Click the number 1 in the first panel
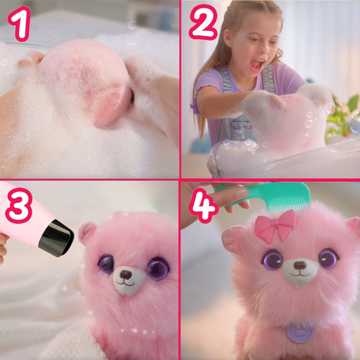pyautogui.click(x=20, y=23)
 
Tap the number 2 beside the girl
pyautogui.click(x=204, y=22)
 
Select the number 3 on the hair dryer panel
pyautogui.click(x=19, y=205)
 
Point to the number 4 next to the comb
pyautogui.click(x=203, y=205)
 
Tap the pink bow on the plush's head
pyautogui.click(x=275, y=225)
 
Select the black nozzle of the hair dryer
pyautogui.click(x=57, y=238)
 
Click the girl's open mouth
pyautogui.click(x=257, y=65)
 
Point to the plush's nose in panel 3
pyautogui.click(x=125, y=274)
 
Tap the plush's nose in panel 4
pyautogui.click(x=300, y=265)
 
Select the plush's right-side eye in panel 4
pyautogui.click(x=328, y=258)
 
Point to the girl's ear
pyautogui.click(x=228, y=37)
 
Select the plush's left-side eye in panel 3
pyautogui.click(x=106, y=264)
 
